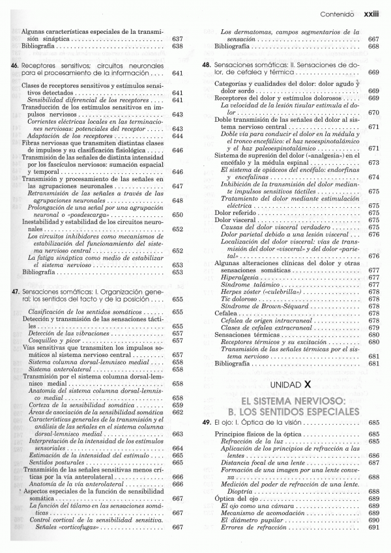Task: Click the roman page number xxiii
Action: coord(371,12)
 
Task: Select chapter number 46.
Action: coord(15,65)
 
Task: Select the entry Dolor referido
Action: coord(237,212)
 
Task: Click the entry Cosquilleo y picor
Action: coord(57,340)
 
